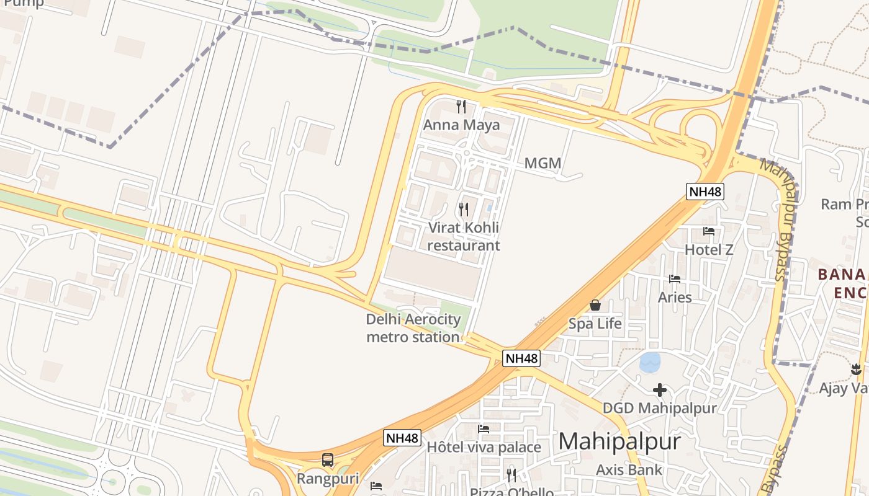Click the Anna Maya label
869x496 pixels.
[x=461, y=125]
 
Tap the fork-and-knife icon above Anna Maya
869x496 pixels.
[x=461, y=107]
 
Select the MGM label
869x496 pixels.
[x=543, y=164]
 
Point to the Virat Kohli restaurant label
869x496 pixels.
[x=463, y=236]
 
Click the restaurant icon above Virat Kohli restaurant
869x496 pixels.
[x=463, y=210]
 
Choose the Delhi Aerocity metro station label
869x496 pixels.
[x=413, y=329]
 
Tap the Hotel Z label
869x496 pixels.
[x=709, y=250]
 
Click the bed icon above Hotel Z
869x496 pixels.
[x=709, y=231]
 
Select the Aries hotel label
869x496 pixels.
[x=675, y=297]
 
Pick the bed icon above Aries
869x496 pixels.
[x=675, y=279]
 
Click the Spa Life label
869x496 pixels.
[x=595, y=324]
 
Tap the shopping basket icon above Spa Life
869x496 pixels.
[x=595, y=305]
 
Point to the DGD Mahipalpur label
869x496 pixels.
[x=660, y=408]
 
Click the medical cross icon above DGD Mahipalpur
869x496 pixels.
[x=660, y=390]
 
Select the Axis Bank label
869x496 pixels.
[x=629, y=470]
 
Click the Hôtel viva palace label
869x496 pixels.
[x=484, y=447]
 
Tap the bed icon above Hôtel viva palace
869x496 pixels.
[x=484, y=429]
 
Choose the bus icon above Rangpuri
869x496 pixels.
[x=327, y=460]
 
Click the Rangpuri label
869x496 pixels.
[x=327, y=479]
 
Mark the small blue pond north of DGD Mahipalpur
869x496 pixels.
[x=650, y=362]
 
